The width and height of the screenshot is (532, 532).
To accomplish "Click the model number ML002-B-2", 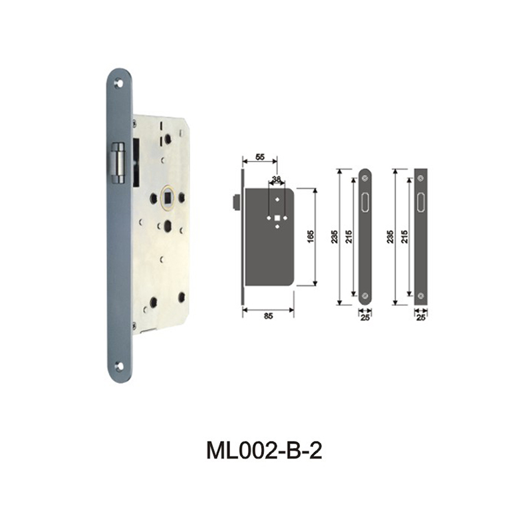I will pyautogui.click(x=265, y=451).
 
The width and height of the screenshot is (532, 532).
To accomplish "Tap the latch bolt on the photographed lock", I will pyautogui.click(x=118, y=162).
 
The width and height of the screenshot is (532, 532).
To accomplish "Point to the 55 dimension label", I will pyautogui.click(x=260, y=156).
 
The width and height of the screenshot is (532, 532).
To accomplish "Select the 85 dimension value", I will pyautogui.click(x=268, y=317).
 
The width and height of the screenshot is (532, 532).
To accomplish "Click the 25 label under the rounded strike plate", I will pyautogui.click(x=364, y=317).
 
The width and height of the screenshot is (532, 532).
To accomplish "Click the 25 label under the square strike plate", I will pyautogui.click(x=420, y=317).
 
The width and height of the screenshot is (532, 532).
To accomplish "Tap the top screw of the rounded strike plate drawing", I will pyautogui.click(x=364, y=178).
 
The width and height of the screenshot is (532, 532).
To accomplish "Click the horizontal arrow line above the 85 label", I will pyautogui.click(x=268, y=309).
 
